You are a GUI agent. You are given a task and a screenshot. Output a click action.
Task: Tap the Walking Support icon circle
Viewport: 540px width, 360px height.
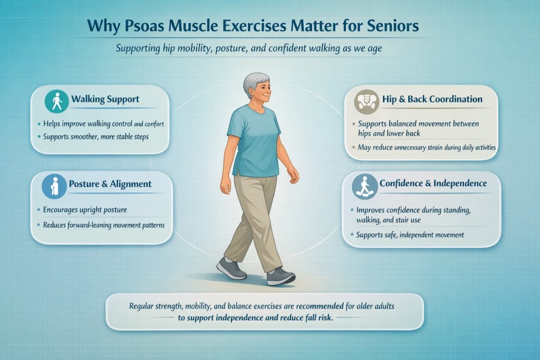pos(56,101)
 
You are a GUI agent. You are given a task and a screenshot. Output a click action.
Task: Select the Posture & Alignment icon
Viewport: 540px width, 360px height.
pos(56,185)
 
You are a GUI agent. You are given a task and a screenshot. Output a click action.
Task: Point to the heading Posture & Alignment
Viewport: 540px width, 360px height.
pos(110,184)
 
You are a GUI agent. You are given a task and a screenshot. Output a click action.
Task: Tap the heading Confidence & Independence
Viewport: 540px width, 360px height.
pos(433,183)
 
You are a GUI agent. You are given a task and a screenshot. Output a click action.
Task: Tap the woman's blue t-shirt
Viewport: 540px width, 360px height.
pos(257,140)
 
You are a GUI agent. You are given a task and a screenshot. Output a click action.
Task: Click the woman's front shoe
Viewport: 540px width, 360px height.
pos(281,276)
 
